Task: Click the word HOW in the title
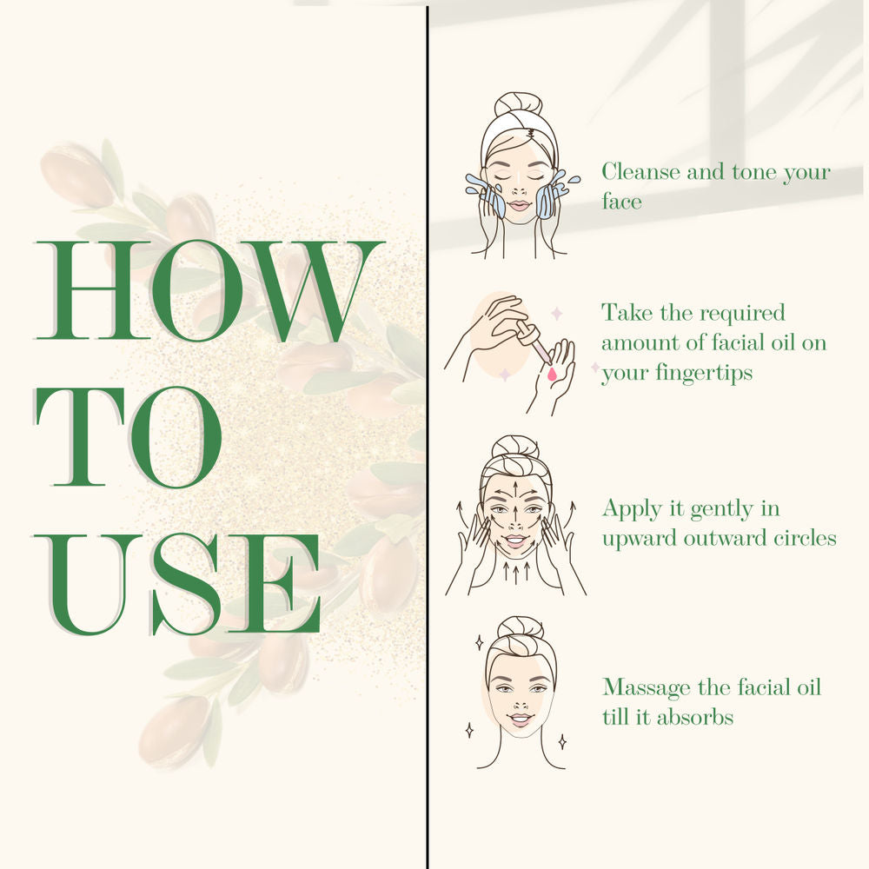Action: [209, 291]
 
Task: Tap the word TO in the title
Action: [129, 437]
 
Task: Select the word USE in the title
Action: [177, 584]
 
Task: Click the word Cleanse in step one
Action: [641, 172]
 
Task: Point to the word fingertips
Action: [704, 374]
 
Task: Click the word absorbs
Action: [695, 717]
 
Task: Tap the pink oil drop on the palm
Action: [552, 375]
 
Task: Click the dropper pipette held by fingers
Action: [534, 343]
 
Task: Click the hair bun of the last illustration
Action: [520, 628]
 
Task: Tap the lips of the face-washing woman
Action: [520, 206]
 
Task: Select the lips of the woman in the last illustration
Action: [521, 720]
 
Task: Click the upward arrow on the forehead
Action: [516, 490]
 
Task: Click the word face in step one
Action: [622, 202]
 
